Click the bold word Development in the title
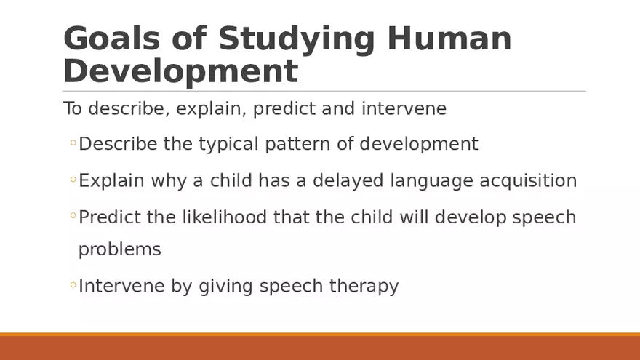coord(181,72)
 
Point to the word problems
coord(119,249)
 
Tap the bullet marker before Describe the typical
coord(73,144)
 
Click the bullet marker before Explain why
coord(73,180)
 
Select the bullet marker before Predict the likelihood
coord(73,217)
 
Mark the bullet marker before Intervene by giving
coord(73,286)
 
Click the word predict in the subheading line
coord(291,109)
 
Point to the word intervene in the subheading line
coord(404,109)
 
